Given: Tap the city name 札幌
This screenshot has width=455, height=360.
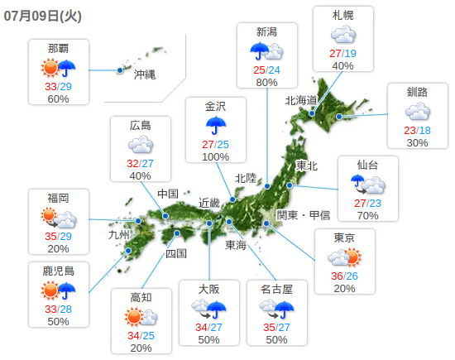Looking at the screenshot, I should (x=343, y=15).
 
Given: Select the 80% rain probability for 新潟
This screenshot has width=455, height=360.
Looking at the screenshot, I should (x=267, y=83).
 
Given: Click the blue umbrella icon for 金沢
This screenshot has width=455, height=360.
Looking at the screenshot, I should (x=216, y=125).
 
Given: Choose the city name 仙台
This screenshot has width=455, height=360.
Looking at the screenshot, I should (x=367, y=164).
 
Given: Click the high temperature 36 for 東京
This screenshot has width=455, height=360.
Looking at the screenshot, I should (x=337, y=276).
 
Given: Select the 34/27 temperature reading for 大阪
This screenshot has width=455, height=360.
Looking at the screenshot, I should (x=208, y=327).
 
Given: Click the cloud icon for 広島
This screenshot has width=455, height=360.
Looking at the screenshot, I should (x=141, y=146).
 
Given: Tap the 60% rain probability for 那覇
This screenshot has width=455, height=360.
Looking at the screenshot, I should (x=58, y=99).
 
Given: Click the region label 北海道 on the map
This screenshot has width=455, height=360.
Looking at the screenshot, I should (x=301, y=100).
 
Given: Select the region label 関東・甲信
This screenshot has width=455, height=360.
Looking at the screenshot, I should (x=304, y=215).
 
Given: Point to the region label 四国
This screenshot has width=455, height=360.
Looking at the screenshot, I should (x=176, y=253).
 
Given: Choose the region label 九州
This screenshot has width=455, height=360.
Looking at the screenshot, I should (x=120, y=234).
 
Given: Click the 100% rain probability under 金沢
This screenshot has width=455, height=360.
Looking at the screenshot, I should (x=216, y=157).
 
